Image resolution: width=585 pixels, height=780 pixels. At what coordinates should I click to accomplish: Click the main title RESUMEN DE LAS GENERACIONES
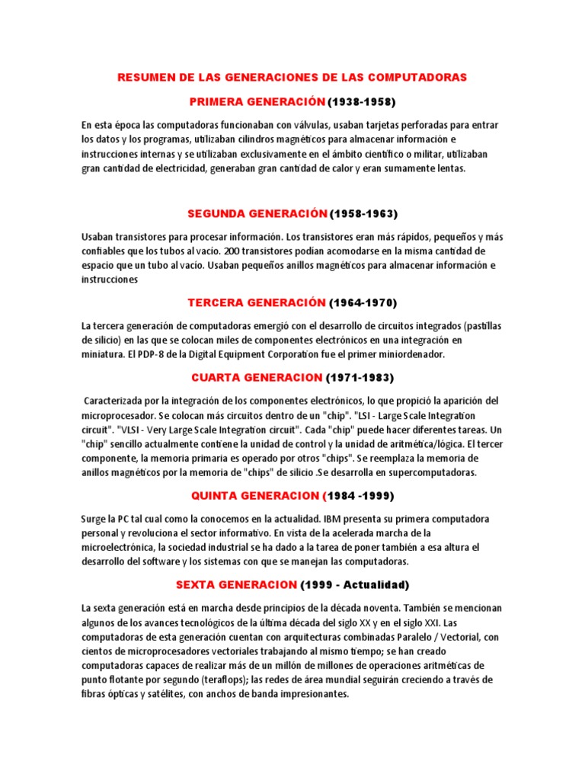click(x=292, y=78)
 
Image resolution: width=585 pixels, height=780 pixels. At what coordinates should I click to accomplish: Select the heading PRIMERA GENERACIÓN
click(x=257, y=101)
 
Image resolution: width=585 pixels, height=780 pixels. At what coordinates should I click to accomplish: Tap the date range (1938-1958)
click(x=363, y=101)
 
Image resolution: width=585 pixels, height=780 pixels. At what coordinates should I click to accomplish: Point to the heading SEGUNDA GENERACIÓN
click(x=257, y=213)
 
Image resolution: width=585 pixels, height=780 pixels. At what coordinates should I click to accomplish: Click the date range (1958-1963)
click(x=363, y=213)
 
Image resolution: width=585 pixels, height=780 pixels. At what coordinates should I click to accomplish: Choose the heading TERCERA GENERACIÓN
click(x=257, y=302)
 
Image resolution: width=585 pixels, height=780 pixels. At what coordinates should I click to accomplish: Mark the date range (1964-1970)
click(x=363, y=302)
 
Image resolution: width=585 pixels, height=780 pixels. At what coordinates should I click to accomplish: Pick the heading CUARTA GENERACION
click(x=257, y=377)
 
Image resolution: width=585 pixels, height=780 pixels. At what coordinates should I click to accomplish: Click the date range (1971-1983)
click(x=360, y=377)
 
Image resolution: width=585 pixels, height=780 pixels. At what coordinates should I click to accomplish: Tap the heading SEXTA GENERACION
click(x=235, y=585)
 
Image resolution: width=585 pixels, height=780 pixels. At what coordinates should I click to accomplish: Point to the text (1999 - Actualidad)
click(x=355, y=585)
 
